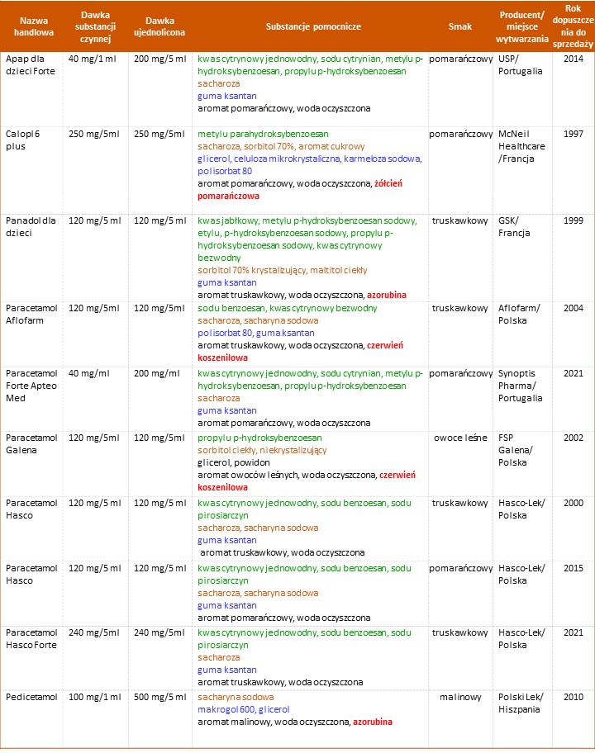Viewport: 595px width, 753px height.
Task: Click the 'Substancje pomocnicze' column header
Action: pos(314,26)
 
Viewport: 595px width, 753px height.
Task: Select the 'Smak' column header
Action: pos(460,26)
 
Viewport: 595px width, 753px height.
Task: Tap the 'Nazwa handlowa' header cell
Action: pos(32,26)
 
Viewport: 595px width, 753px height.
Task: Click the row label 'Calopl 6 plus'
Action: pos(26,140)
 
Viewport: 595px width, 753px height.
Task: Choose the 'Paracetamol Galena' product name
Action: pos(30,443)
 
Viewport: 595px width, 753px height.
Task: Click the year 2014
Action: pos(574,59)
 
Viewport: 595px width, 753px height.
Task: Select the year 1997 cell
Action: pos(574,133)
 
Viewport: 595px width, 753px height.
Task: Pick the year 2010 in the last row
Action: pos(574,698)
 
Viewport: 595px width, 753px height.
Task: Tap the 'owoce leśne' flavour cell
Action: pos(460,438)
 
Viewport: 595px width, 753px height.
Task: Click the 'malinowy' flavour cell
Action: pos(460,698)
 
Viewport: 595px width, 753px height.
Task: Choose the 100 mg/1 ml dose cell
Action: pos(95,698)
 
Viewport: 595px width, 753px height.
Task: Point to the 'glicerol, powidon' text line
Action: pos(235,462)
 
